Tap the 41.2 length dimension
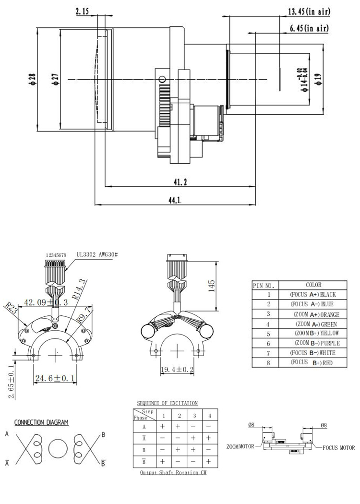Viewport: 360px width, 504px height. pyautogui.click(x=180, y=181)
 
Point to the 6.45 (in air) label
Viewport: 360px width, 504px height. pyautogui.click(x=310, y=29)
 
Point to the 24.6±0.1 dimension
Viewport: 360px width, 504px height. pyautogui.click(x=54, y=379)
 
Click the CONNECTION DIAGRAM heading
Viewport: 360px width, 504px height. pyautogui.click(x=41, y=422)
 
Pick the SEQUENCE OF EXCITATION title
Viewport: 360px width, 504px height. pyautogui.click(x=168, y=403)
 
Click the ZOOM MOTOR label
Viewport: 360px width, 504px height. pyautogui.click(x=240, y=446)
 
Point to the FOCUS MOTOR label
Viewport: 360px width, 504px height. pyautogui.click(x=338, y=448)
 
